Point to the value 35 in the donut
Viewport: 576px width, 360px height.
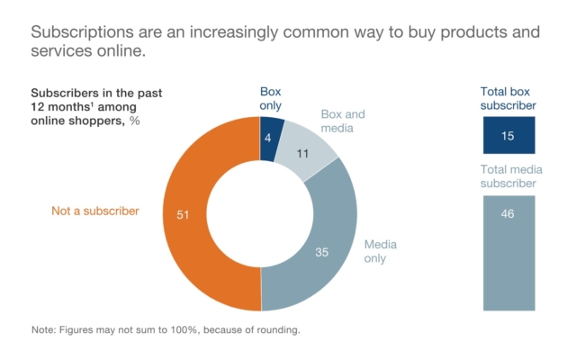[321, 253]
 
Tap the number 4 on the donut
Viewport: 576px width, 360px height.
[268, 138]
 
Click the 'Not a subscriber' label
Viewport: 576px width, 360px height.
[95, 211]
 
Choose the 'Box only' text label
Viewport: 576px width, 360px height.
[270, 98]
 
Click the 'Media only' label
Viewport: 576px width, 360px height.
[380, 251]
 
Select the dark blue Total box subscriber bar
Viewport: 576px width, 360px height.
[509, 135]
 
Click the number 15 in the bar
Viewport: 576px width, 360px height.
[509, 135]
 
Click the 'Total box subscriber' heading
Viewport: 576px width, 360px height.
[509, 98]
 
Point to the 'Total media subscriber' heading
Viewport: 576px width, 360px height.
[509, 176]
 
